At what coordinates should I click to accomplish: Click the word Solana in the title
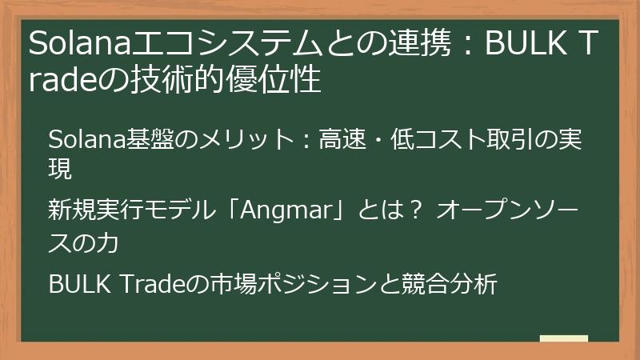(x=66, y=45)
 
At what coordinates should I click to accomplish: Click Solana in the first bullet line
(x=80, y=141)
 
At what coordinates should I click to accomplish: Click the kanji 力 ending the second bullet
(x=107, y=242)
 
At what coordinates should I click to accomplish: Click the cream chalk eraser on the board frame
(x=564, y=338)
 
